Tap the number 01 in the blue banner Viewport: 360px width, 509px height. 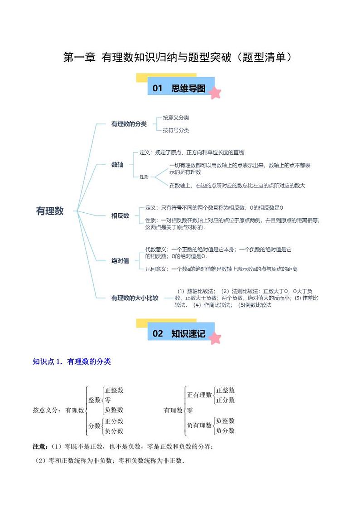coord(157,88)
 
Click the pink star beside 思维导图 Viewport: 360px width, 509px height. coord(215,93)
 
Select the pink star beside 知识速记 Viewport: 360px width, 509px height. coord(215,338)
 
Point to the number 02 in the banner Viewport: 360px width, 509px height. coord(157,334)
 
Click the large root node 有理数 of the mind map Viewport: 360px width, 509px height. coord(50,211)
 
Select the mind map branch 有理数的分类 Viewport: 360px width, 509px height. coord(129,124)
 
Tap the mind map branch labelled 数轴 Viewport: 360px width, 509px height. coord(117,165)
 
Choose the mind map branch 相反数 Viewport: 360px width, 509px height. coord(120,216)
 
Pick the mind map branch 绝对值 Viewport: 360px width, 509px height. coord(120,261)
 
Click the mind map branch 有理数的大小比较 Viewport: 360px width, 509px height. coord(135,298)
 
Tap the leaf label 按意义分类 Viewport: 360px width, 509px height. coord(176,117)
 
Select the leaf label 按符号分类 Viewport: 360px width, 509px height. coord(176,130)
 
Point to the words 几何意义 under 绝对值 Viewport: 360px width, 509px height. coord(155,269)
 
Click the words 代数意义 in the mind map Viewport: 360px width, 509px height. coord(155,250)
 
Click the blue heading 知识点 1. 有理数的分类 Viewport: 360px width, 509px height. coord(72,362)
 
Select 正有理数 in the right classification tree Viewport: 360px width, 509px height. coord(199,395)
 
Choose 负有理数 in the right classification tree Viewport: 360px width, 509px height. coord(199,426)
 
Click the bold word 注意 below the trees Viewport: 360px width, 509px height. coord(39,446)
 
